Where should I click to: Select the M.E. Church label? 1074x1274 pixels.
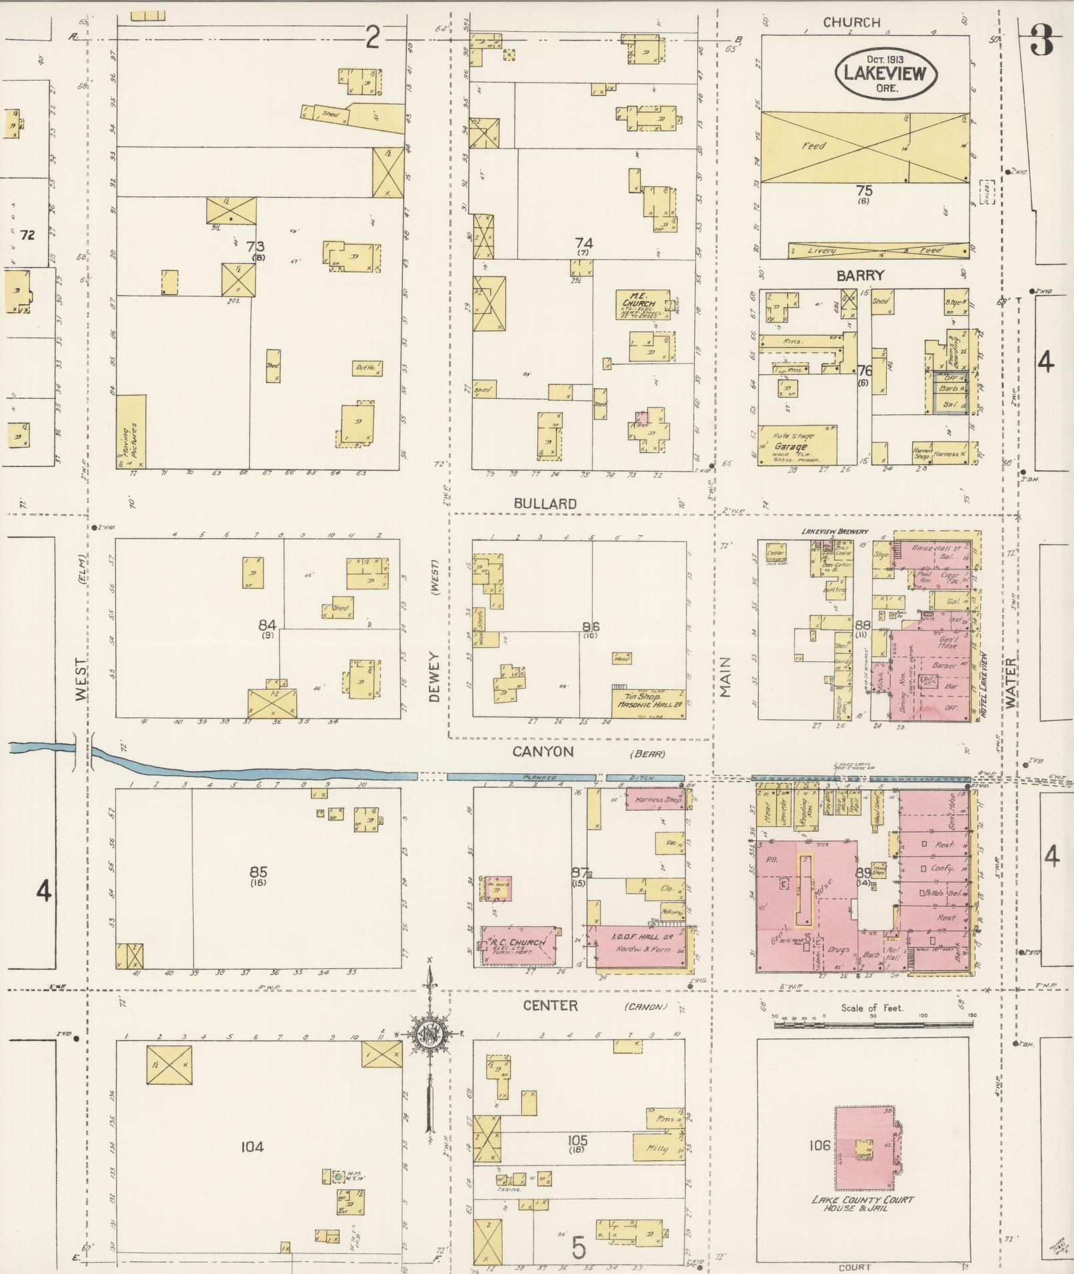(x=635, y=299)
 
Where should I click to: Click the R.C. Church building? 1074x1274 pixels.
(x=519, y=945)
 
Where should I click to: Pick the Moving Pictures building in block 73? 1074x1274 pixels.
(x=131, y=432)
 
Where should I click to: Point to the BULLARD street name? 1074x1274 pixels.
(x=545, y=504)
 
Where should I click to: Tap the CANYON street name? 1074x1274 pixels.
(x=543, y=751)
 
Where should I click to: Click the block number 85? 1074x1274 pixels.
(x=258, y=871)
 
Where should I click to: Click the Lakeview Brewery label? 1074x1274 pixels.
(x=834, y=531)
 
